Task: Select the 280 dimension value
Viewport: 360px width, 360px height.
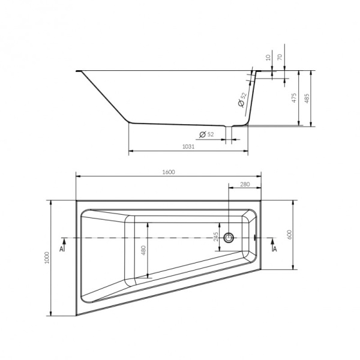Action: click(x=245, y=184)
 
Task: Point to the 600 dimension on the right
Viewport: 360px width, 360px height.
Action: click(x=289, y=234)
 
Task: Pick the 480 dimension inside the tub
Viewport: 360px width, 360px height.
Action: click(x=143, y=250)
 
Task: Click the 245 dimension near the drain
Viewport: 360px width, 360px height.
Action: click(x=216, y=238)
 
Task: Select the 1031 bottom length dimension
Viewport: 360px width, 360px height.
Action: click(x=188, y=147)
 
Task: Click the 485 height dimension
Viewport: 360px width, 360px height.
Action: click(x=308, y=98)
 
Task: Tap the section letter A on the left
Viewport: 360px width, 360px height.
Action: click(x=62, y=247)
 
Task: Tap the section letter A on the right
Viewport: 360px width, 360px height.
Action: click(x=274, y=247)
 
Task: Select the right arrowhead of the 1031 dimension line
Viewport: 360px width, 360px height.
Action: click(x=247, y=151)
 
